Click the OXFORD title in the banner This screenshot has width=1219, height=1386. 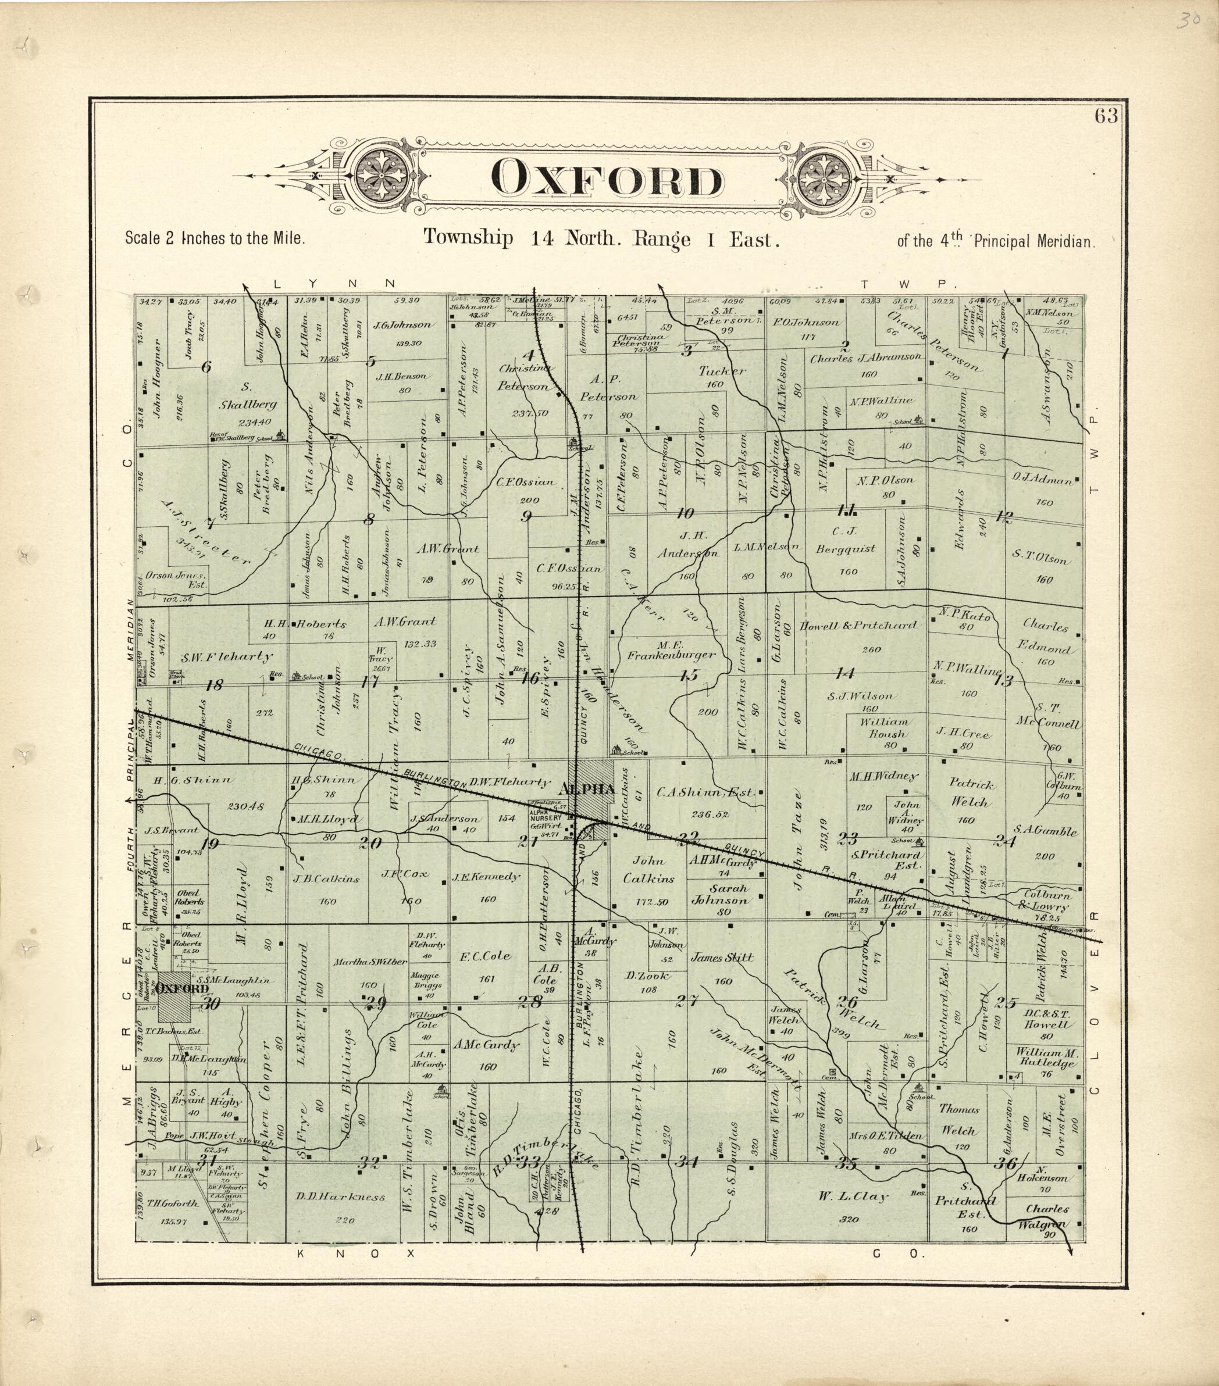(x=607, y=179)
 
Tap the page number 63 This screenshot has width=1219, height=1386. (x=1105, y=116)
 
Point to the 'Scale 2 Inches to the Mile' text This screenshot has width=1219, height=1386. (x=215, y=239)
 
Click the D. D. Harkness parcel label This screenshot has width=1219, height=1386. (x=341, y=1198)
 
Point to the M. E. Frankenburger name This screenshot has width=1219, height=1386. (x=671, y=649)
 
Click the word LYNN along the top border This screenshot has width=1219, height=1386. (x=333, y=283)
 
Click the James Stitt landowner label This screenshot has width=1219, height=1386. (x=722, y=958)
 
